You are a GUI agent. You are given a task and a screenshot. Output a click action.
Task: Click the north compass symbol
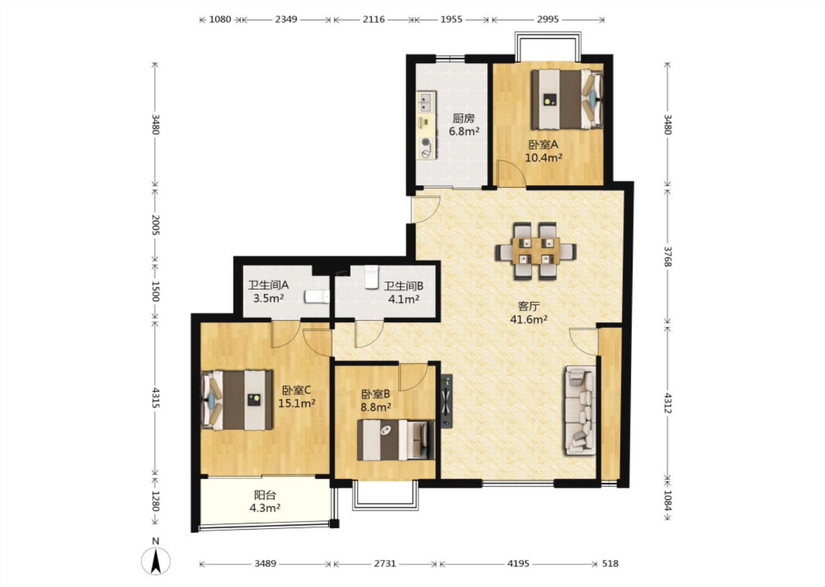point(156,561)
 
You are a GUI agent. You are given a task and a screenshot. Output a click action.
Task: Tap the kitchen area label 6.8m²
point(463,131)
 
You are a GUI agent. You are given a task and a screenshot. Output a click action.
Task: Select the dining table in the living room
point(536,251)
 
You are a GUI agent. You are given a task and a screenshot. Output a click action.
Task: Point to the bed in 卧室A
point(567,99)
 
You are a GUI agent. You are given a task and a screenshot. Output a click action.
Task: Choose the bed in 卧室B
point(396,440)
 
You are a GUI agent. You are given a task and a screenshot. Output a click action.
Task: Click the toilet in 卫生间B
point(371,277)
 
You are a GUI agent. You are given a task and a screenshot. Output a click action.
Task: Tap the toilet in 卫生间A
point(317,296)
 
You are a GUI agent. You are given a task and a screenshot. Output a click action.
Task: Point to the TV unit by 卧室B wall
point(447,402)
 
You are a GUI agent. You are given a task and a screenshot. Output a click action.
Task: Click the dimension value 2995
point(548,19)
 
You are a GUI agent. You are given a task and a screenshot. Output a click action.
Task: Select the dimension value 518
point(610,563)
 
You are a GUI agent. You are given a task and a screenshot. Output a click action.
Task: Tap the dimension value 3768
point(668,256)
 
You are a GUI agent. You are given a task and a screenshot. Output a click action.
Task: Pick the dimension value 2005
point(156,225)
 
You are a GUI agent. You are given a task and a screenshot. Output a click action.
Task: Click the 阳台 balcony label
point(265,495)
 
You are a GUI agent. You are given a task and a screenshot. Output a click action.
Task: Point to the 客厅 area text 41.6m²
point(528,319)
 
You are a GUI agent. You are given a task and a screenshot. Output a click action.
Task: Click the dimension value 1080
point(220,19)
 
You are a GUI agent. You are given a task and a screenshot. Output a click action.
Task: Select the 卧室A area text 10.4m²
point(544,158)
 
